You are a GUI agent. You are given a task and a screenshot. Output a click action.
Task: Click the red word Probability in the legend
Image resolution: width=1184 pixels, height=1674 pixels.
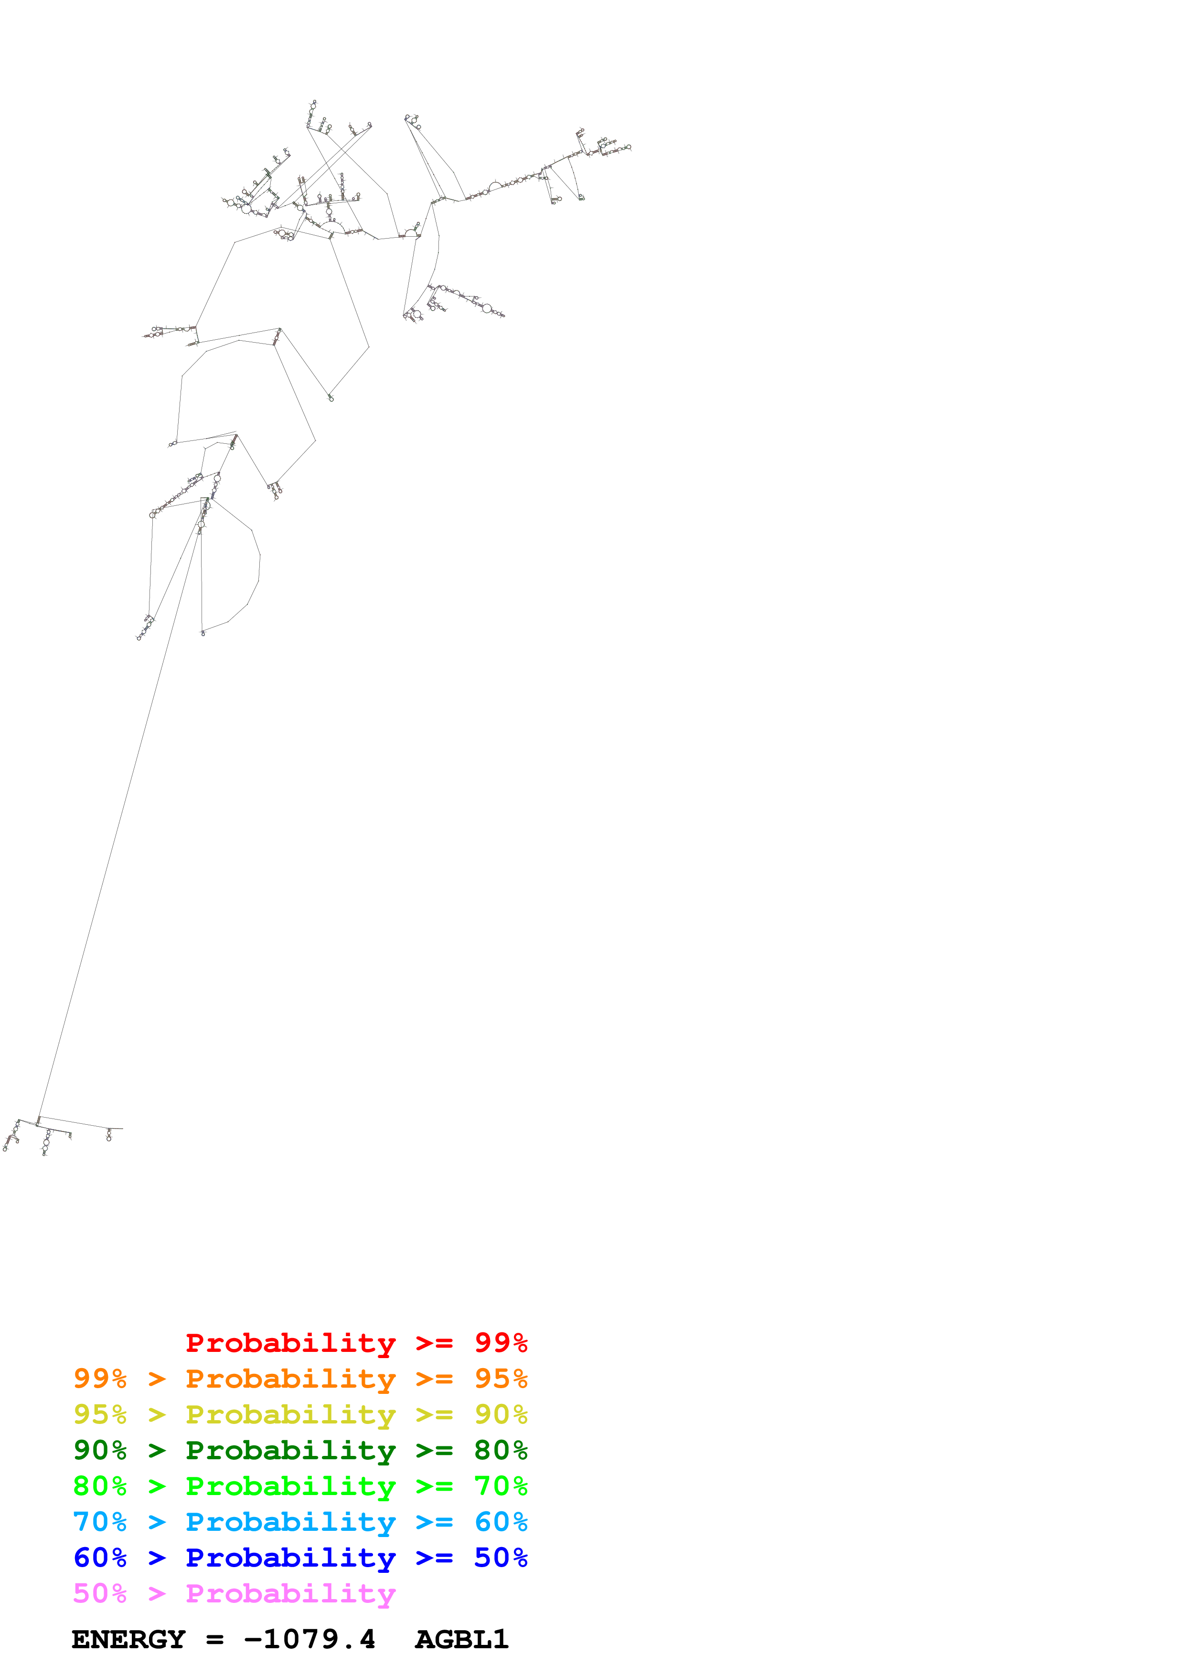tap(290, 1343)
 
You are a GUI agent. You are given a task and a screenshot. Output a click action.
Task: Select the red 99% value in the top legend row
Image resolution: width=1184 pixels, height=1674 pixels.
tap(501, 1343)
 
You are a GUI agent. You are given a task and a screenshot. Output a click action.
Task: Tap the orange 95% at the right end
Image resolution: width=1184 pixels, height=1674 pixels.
tap(501, 1379)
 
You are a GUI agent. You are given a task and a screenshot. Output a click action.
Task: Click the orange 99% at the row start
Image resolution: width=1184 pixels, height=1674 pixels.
tap(100, 1379)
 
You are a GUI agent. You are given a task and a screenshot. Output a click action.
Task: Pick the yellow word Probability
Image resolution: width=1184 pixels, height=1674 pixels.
tap(290, 1414)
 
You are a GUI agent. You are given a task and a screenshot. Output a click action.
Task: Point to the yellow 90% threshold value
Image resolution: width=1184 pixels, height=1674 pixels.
tap(501, 1414)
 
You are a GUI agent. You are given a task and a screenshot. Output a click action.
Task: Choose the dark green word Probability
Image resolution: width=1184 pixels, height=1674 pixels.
tap(290, 1450)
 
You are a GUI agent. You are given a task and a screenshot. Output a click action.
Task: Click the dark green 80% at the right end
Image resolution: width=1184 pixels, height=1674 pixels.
tap(501, 1450)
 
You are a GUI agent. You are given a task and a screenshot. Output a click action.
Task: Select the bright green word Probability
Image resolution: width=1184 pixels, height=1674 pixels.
tap(290, 1486)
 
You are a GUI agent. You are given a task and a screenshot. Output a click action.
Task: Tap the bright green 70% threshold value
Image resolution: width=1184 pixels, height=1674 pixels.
tap(501, 1486)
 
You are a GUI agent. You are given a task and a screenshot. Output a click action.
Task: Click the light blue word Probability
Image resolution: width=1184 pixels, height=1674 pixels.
tap(290, 1522)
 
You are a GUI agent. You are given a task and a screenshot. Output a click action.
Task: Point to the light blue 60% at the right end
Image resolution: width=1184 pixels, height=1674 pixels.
tap(501, 1522)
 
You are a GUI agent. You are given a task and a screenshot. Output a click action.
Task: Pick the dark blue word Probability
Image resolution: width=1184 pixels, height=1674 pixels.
tap(290, 1558)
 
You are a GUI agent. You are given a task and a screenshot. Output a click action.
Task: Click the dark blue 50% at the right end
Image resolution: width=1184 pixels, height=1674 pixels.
tap(501, 1558)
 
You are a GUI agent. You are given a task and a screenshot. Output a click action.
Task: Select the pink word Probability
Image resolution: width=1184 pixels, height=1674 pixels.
tap(290, 1593)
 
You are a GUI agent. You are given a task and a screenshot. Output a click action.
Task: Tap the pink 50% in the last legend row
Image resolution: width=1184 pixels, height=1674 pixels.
tap(100, 1593)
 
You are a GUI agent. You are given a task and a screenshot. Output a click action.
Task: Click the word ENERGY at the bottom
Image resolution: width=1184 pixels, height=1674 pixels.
tap(128, 1639)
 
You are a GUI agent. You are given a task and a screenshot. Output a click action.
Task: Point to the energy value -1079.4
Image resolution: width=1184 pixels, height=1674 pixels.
tap(309, 1639)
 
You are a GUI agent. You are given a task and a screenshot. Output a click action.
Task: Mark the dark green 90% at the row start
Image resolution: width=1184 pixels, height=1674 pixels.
tap(100, 1450)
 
